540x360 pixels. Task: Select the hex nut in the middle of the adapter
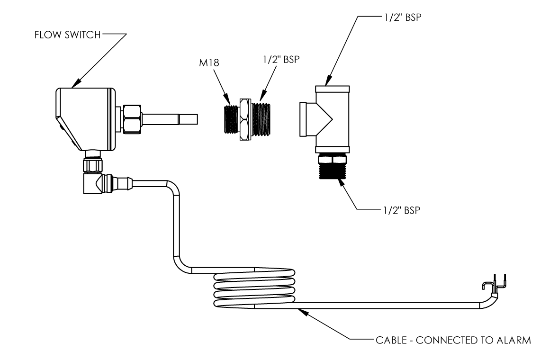pyautogui.click(x=244, y=119)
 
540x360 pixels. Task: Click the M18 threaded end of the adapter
pyautogui.click(x=232, y=119)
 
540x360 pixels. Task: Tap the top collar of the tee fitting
pyautogui.click(x=333, y=89)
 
